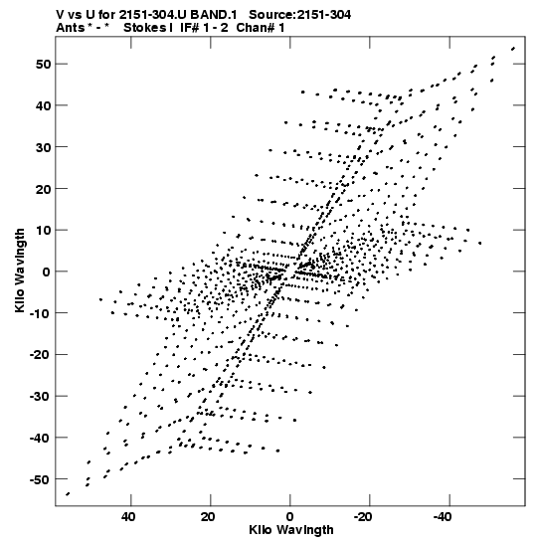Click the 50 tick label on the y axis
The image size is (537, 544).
43,65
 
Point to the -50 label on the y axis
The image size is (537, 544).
40,479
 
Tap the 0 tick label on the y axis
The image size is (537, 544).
47,272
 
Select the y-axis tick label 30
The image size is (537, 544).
43,147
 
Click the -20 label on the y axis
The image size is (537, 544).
40,355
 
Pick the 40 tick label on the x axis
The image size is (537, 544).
128,517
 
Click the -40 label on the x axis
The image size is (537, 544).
443,517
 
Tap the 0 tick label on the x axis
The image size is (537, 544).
290,517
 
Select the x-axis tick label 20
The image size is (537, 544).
208,517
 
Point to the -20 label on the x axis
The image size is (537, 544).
363,517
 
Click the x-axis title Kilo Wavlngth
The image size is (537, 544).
291,530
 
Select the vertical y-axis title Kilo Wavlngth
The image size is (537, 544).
20,271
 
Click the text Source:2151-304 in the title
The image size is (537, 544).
299,15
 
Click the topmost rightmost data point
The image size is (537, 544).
513,49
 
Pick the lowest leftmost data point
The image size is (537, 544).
68,494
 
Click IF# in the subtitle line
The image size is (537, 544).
190,28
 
